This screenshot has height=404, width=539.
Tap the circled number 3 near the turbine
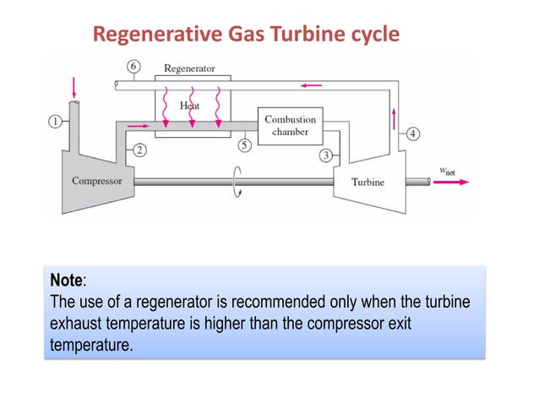click(325, 155)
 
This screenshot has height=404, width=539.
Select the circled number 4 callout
click(412, 133)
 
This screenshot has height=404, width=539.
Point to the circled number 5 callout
click(244, 145)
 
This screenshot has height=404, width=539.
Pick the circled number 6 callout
click(133, 66)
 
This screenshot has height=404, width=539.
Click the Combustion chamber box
click(290, 125)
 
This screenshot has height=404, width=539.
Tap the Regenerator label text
click(189, 68)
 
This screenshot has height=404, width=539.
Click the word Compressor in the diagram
click(97, 181)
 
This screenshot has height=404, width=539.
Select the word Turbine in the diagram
click(367, 182)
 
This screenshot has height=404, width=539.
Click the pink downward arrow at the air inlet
click(74, 87)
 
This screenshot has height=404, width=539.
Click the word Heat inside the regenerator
click(190, 106)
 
